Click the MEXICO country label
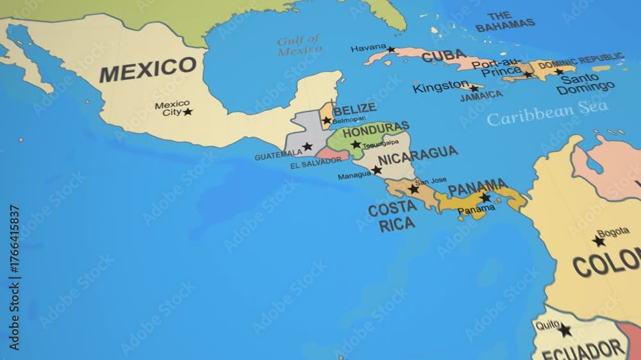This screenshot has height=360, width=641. point(147,69)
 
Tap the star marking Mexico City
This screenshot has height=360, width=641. point(187,111)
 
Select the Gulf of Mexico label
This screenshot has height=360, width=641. point(299,44)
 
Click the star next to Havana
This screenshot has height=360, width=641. point(391,49)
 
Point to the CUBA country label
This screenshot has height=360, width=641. point(444,56)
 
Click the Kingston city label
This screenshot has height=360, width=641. point(440,86)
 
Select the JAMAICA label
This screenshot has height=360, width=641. point(481,95)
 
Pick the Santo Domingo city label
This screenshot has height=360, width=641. point(585,84)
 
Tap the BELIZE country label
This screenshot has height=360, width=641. point(354,108)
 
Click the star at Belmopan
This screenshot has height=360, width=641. point(327,120)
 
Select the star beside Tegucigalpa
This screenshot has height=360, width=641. point(356,144)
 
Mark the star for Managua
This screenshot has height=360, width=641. point(376,170)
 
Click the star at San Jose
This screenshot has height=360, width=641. point(413,189)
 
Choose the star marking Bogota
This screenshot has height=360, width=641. point(599,241)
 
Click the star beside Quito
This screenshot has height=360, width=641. point(564,331)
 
